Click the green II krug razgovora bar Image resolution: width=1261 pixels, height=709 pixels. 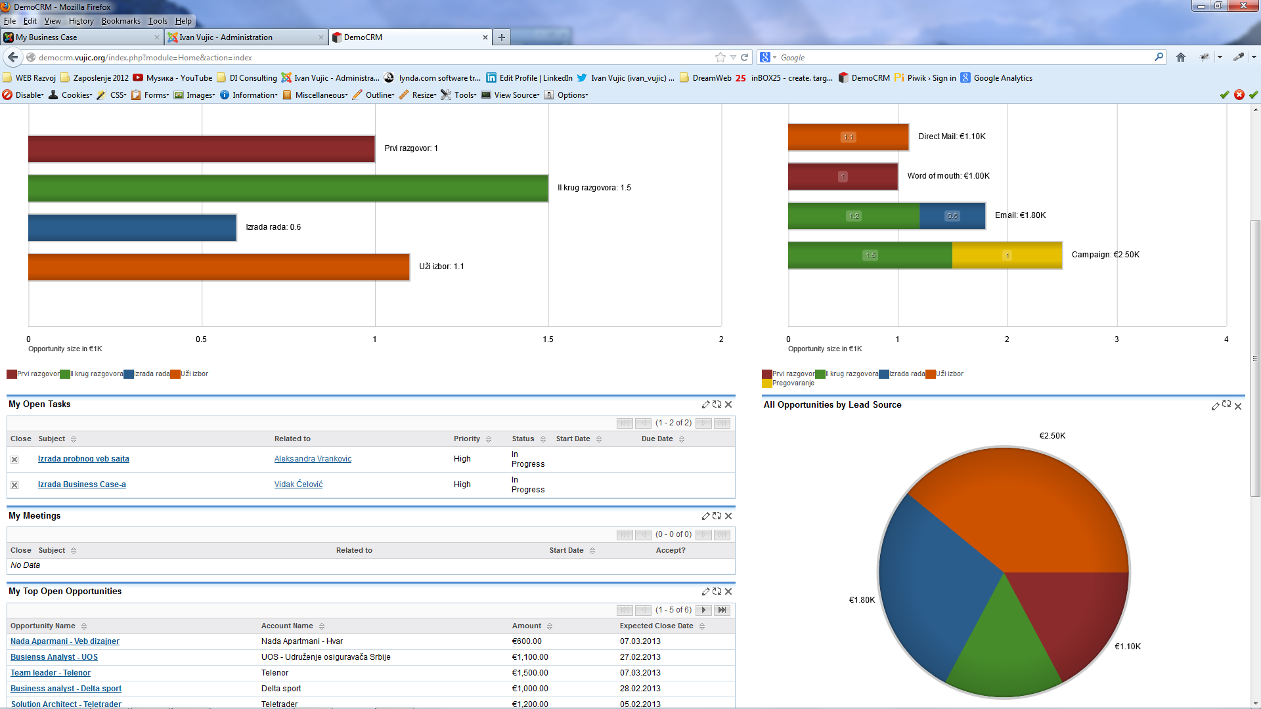pyautogui.click(x=288, y=188)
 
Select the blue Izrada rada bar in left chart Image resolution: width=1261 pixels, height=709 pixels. pyautogui.click(x=132, y=228)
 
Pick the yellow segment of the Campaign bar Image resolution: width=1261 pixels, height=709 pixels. pyautogui.click(x=1007, y=255)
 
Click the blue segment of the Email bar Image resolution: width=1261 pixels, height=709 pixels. pyautogui.click(x=952, y=216)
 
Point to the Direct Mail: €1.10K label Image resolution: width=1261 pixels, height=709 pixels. pyautogui.click(x=952, y=137)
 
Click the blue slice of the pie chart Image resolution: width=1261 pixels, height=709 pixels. pyautogui.click(x=933, y=584)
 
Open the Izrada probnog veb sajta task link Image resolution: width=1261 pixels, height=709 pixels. pyautogui.click(x=83, y=459)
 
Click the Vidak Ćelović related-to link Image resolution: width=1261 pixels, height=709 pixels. pyautogui.click(x=298, y=484)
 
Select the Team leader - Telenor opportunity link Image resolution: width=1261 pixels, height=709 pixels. pyautogui.click(x=51, y=673)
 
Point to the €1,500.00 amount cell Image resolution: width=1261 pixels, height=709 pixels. pyautogui.click(x=530, y=673)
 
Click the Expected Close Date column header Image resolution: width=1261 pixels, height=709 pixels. pyautogui.click(x=656, y=626)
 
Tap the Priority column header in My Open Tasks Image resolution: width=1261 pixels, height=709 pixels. pyautogui.click(x=466, y=439)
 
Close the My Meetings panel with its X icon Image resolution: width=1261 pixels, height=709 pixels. pyautogui.click(x=728, y=516)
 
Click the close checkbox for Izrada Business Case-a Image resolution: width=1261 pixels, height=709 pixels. pyautogui.click(x=14, y=485)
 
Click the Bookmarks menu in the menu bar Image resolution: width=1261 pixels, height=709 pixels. pyautogui.click(x=121, y=21)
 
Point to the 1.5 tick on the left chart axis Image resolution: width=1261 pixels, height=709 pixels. pyautogui.click(x=548, y=339)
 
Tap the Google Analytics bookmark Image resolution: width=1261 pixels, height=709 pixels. pyautogui.click(x=996, y=78)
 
